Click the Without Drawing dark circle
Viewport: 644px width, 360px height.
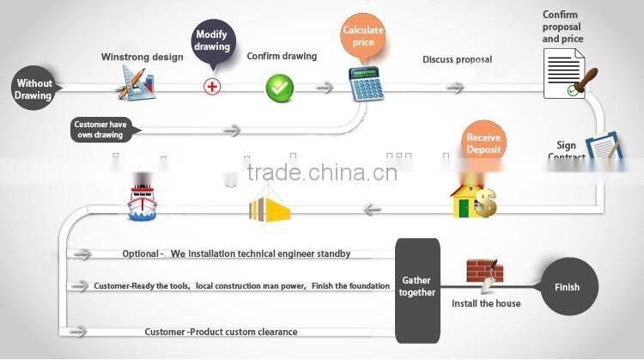coord(33,89)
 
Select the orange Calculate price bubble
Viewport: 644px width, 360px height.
coord(362,36)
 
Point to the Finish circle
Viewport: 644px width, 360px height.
coord(567,287)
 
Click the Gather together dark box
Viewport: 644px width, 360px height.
coord(417,287)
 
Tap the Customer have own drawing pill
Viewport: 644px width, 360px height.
coord(101,129)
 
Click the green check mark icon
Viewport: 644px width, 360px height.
coord(279,87)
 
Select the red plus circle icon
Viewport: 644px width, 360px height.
coord(212,86)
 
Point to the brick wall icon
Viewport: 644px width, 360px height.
coord(484,272)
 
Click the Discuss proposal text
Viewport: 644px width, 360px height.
coord(457,60)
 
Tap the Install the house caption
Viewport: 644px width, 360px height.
coord(486,303)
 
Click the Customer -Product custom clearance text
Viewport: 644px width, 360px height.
coord(222,332)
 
